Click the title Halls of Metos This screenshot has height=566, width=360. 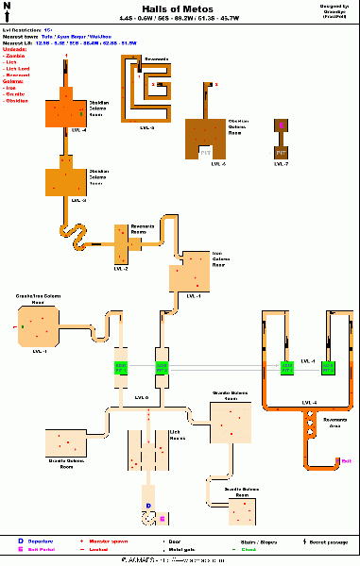tap(180, 8)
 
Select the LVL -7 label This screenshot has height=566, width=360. tap(281, 164)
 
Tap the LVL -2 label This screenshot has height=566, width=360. tap(121, 269)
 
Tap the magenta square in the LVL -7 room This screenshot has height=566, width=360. tap(281, 125)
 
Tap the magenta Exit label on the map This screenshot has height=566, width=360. tap(346, 460)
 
